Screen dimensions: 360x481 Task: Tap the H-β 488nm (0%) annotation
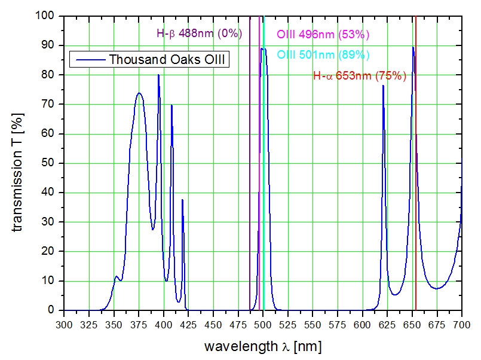(199, 33)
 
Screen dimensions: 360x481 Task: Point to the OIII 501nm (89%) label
(323, 55)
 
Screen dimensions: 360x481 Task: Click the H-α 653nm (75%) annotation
(360, 76)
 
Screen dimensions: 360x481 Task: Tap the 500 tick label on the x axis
(263, 324)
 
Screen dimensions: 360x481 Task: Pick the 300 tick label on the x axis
(64, 324)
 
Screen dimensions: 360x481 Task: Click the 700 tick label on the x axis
(461, 324)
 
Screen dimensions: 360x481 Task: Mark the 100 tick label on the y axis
(47, 16)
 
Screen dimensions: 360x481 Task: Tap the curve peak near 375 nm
(139, 93)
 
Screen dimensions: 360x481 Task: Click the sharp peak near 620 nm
(383, 86)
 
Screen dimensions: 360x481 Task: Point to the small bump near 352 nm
(117, 276)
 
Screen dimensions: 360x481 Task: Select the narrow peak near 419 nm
(182, 200)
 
